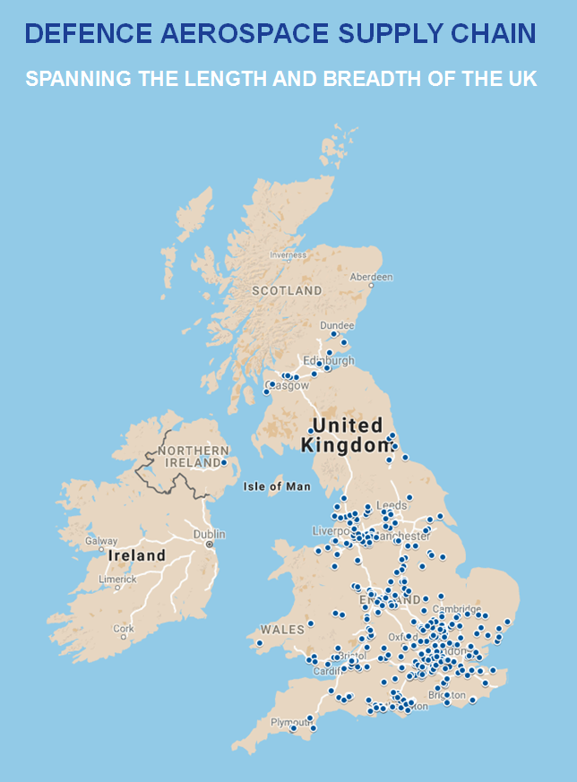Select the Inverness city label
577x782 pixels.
288,254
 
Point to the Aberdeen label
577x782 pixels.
371,278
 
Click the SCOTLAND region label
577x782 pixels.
287,291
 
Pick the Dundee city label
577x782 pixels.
337,325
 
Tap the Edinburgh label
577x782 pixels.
329,361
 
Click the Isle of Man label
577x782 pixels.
277,486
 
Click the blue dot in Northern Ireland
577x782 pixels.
223,463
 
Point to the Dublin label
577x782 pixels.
209,535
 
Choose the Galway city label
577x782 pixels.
101,541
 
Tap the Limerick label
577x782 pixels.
117,580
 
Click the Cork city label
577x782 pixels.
124,629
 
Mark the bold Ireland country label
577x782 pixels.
137,555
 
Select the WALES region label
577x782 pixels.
283,629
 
